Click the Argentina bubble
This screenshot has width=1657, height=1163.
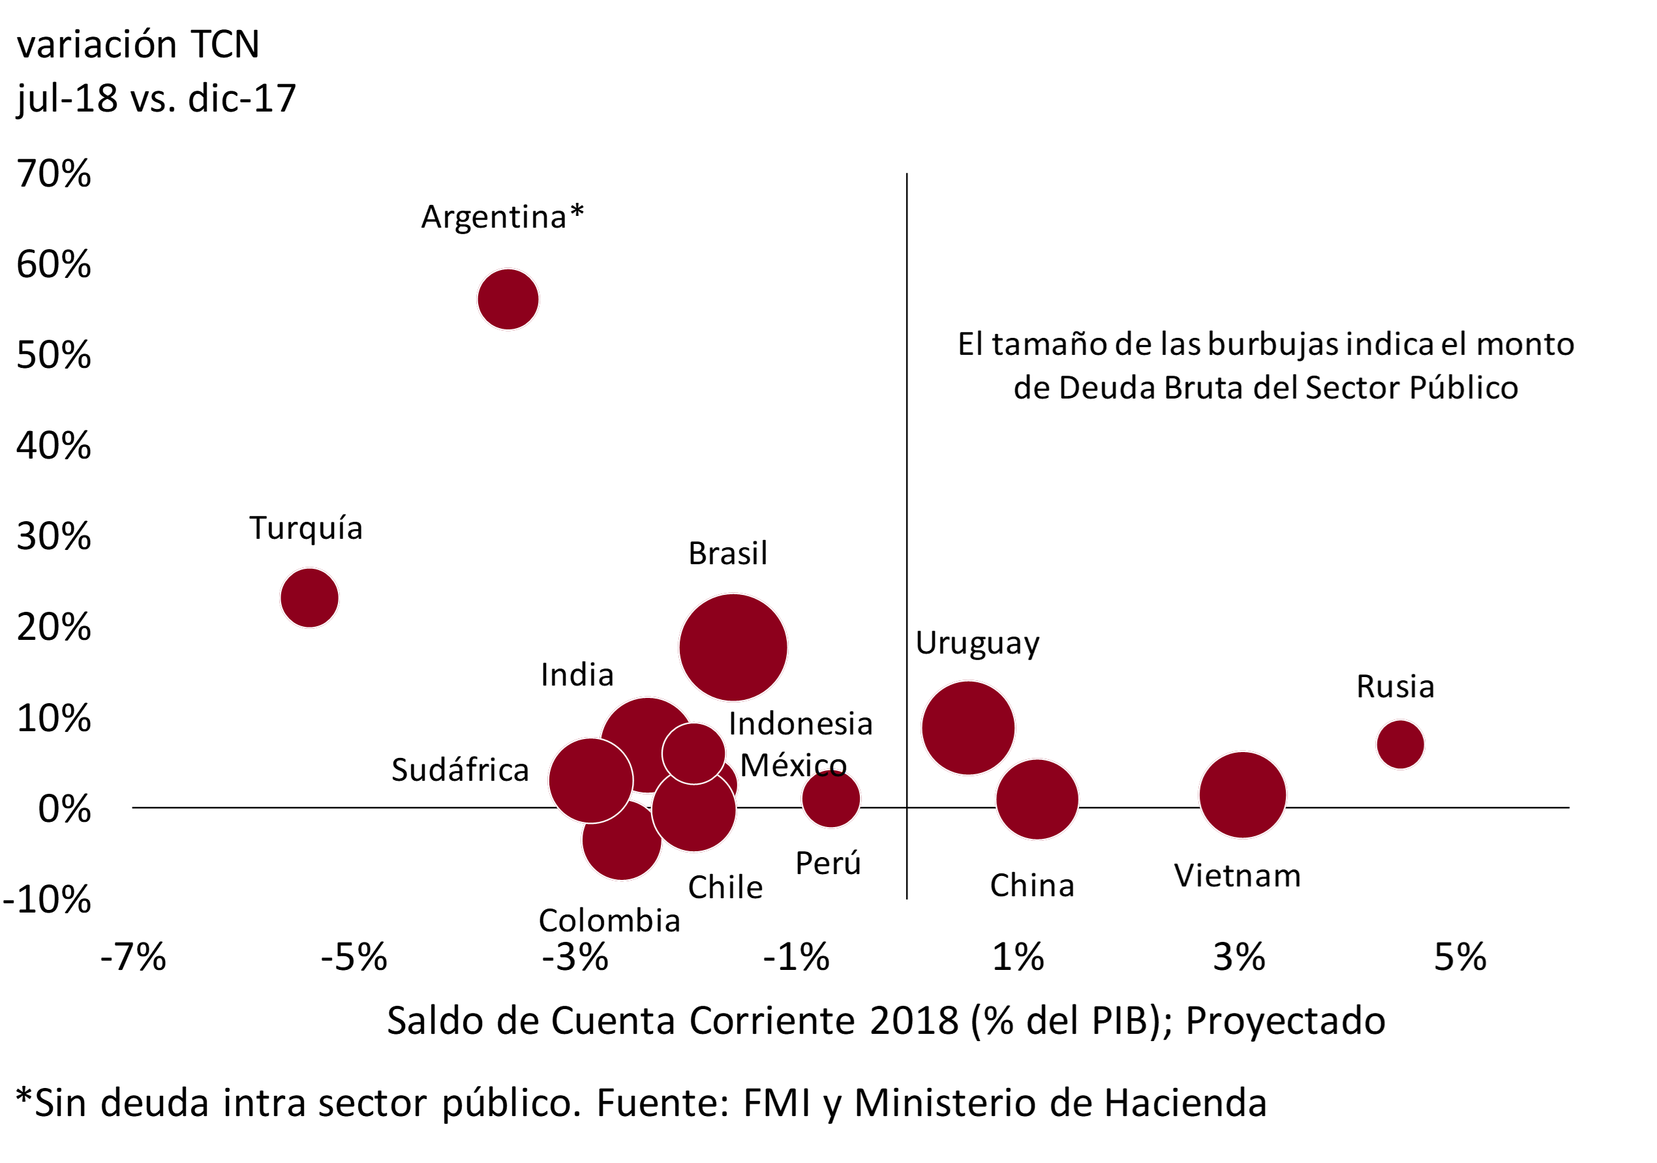click(x=508, y=299)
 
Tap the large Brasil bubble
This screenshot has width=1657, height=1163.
click(x=733, y=646)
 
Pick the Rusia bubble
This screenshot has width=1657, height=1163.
click(x=1400, y=744)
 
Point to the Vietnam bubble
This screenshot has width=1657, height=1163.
click(x=1242, y=794)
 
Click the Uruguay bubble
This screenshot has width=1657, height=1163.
click(x=968, y=727)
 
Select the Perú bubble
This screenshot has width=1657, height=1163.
click(x=830, y=798)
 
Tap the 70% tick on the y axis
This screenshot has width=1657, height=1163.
click(x=54, y=174)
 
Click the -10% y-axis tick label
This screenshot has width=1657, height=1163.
click(x=48, y=899)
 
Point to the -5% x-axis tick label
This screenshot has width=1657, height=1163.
click(x=354, y=958)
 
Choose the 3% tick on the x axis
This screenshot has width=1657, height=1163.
click(x=1238, y=958)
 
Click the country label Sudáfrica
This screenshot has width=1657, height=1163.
click(x=460, y=770)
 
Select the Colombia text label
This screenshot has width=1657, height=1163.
click(x=609, y=920)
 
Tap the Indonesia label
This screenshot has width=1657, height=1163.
click(x=800, y=723)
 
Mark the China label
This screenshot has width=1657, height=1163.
click(x=1031, y=885)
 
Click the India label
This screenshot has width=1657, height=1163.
click(x=577, y=674)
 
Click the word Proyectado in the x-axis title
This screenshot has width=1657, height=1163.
click(x=1285, y=1021)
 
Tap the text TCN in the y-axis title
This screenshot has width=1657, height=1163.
click(x=224, y=45)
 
